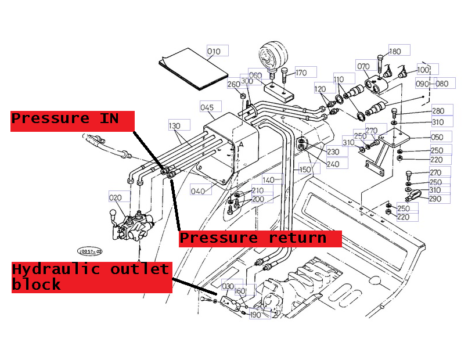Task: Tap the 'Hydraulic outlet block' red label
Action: tap(91, 276)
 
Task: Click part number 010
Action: tap(214, 52)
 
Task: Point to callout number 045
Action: tap(207, 107)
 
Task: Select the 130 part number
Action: tap(175, 126)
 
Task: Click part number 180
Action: tap(395, 52)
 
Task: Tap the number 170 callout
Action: tap(301, 73)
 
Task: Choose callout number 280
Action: tap(438, 111)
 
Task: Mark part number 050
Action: tap(437, 138)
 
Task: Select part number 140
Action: tap(268, 180)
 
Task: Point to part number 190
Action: tap(255, 315)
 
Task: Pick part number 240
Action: tap(333, 164)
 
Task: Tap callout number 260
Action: tap(233, 85)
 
